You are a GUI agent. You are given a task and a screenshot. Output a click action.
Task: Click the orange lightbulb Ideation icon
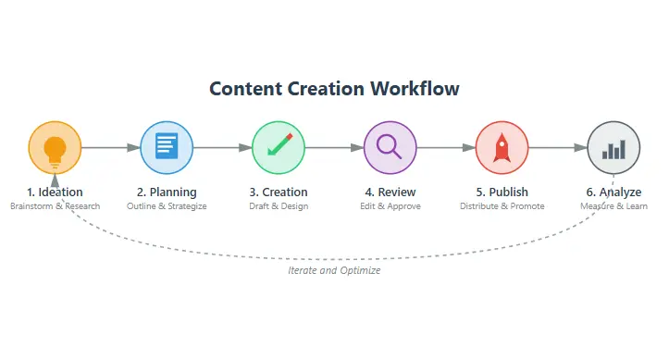pos(56,147)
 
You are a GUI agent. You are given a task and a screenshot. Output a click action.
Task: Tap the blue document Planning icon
pos(167,147)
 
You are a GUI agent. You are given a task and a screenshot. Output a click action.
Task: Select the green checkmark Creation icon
pos(279,147)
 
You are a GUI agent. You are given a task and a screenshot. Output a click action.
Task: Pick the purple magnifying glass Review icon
pos(390,147)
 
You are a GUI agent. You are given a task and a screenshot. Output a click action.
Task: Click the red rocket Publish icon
pos(502,147)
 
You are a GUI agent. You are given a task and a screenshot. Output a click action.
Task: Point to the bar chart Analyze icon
pos(613,147)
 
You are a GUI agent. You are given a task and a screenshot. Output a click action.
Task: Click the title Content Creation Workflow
pos(334,89)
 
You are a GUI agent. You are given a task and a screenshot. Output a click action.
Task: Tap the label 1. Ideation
pos(56,192)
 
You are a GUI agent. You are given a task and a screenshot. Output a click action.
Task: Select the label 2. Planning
pos(167,192)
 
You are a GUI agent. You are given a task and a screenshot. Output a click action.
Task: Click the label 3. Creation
pos(279,192)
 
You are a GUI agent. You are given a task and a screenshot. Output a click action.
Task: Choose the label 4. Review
pos(390,192)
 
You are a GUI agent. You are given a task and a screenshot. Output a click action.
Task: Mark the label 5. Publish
pos(502,192)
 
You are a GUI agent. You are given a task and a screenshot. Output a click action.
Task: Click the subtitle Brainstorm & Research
pos(56,206)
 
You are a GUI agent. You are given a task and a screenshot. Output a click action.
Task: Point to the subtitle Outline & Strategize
pos(167,206)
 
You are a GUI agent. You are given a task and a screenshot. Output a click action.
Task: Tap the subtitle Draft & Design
pos(279,206)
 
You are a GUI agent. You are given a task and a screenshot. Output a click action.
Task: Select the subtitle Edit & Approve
pos(390,206)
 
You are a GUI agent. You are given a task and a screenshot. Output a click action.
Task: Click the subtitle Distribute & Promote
pos(502,206)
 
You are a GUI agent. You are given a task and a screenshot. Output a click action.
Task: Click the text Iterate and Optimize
pos(334,271)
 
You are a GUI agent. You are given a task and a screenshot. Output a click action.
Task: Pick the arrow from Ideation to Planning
pos(111,147)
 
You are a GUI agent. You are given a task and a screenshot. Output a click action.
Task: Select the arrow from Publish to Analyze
pos(558,147)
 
